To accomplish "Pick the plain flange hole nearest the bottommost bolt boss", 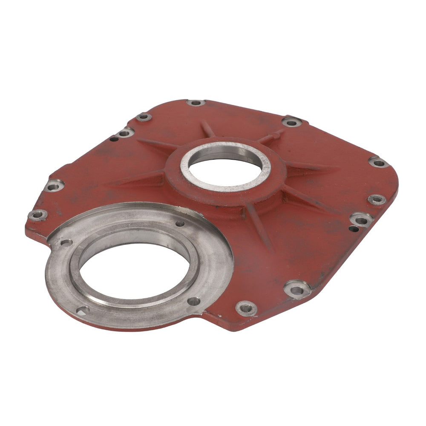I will (194, 301).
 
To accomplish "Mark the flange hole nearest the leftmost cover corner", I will (66, 243).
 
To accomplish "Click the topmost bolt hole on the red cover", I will (196, 103).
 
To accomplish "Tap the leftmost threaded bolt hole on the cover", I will (37, 214).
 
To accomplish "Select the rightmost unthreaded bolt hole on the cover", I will (377, 162).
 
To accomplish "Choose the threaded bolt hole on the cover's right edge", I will (377, 199).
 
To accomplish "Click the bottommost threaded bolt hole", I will (246, 308).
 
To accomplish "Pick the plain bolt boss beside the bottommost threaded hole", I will (297, 290).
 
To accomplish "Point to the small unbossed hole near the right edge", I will (353, 229).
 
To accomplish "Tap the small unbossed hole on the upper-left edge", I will (114, 139).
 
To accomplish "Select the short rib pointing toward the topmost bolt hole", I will (207, 128).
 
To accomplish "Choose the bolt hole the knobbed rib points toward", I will (292, 122).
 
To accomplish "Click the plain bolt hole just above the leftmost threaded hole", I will (55, 186).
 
